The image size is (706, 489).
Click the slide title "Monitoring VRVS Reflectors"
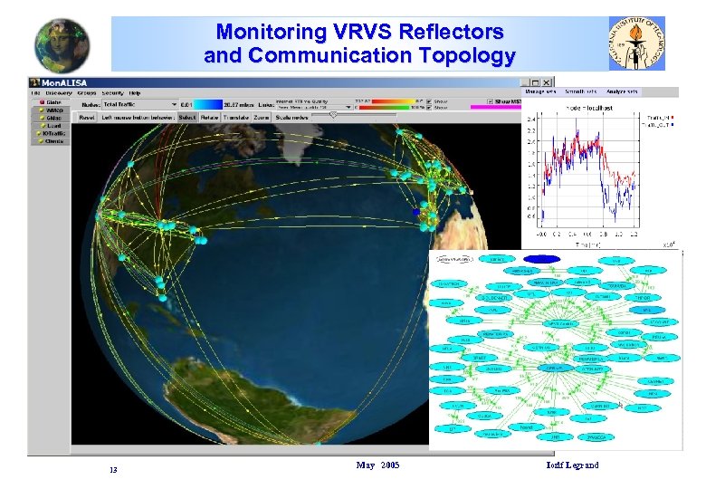tap(359, 33)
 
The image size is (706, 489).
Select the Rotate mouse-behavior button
tap(210, 117)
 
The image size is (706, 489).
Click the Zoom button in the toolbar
tap(261, 117)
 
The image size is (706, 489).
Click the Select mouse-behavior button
tap(187, 117)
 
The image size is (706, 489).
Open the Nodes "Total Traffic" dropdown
tap(140, 104)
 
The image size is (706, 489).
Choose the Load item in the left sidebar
tap(52, 126)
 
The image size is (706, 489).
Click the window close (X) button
tap(548, 82)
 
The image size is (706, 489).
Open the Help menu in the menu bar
tap(135, 92)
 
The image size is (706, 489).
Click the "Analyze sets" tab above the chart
tap(622, 91)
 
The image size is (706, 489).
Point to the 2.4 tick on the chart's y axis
tap(531, 118)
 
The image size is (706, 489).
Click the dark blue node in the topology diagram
tap(543, 258)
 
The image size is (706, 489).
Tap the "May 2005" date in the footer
tap(377, 465)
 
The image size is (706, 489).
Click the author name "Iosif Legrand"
tap(573, 465)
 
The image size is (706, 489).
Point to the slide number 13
tap(113, 470)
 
